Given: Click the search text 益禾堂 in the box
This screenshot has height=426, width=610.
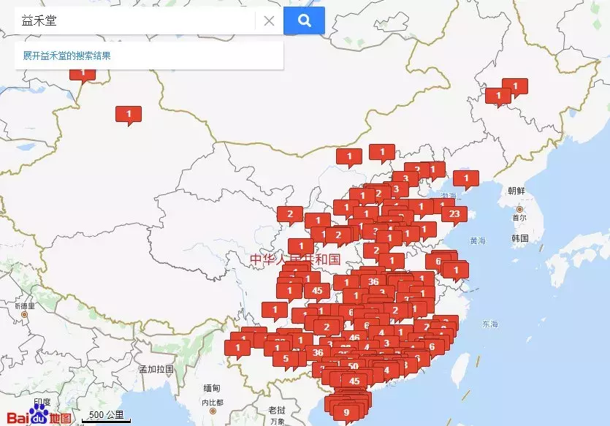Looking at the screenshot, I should [40, 21].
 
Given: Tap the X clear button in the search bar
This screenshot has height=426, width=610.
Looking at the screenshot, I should [269, 21].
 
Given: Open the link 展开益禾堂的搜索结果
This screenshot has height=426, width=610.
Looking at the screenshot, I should [66, 56].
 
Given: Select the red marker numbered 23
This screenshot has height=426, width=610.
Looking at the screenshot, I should [454, 213].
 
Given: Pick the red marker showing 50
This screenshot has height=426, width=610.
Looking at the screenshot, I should [353, 365].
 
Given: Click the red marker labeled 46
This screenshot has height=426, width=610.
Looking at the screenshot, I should [354, 337].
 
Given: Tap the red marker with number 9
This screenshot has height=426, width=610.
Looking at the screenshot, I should [346, 412].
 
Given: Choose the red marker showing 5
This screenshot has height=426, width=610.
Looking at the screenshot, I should [286, 358].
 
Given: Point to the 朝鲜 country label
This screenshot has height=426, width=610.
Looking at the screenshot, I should [516, 190].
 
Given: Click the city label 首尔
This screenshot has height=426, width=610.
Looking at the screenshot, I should [519, 218].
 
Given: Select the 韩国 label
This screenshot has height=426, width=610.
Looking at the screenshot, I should [519, 238].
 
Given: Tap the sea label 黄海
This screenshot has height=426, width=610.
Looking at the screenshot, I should [478, 240].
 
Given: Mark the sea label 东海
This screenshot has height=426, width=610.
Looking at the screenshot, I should [489, 324].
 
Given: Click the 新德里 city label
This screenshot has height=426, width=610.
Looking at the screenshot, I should [24, 305].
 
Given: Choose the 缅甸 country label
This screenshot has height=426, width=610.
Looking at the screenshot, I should [212, 387].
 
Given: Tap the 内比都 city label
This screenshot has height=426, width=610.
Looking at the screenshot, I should [213, 403].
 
